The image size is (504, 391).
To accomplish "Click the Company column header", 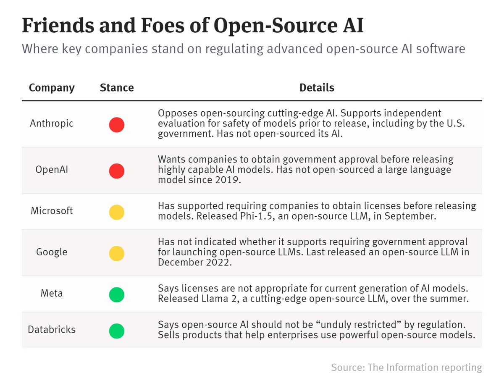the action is click(x=52, y=88).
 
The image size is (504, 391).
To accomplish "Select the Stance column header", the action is click(x=117, y=88).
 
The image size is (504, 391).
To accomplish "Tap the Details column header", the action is click(x=317, y=88).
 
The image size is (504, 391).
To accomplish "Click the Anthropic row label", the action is click(x=52, y=123).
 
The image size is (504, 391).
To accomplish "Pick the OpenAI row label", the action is click(x=52, y=170).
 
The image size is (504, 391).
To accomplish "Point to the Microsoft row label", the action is click(x=52, y=211).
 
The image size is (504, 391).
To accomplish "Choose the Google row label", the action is click(x=52, y=252).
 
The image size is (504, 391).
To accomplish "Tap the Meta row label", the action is click(x=52, y=294).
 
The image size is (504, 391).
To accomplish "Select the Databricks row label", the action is click(x=52, y=330).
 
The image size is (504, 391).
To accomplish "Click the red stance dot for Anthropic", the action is click(x=117, y=125).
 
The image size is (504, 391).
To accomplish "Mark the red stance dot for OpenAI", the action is click(x=117, y=171).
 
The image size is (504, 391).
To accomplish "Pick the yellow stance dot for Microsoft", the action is click(x=117, y=212).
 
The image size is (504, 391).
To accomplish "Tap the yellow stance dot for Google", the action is click(x=117, y=254).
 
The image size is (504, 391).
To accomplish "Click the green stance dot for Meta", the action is click(x=117, y=295).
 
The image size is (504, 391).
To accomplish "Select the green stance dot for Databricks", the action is click(x=117, y=331).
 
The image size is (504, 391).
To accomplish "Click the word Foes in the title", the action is click(x=163, y=25).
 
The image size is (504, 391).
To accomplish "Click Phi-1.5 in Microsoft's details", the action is click(x=256, y=216).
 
